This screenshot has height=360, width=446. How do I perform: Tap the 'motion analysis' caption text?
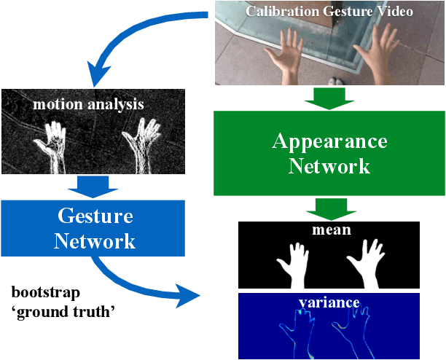(88, 104)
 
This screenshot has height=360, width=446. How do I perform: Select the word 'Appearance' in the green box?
(329, 141)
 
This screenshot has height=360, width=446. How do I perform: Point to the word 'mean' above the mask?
(329, 230)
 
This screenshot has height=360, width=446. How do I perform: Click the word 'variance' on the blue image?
(329, 302)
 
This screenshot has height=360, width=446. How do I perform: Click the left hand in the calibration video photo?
(289, 54)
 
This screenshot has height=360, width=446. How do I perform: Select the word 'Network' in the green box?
(329, 166)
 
